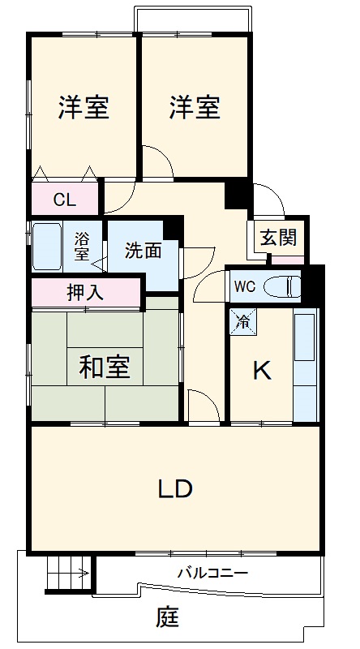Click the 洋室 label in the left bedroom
coord(84,108)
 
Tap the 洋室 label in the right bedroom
coord(195,108)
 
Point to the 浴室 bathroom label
coord(82,246)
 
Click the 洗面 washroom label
coord(143,251)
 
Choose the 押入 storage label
coord(85,292)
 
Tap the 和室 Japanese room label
coord(104,367)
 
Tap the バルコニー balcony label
coord(212,574)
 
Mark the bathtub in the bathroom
coord(46,247)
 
